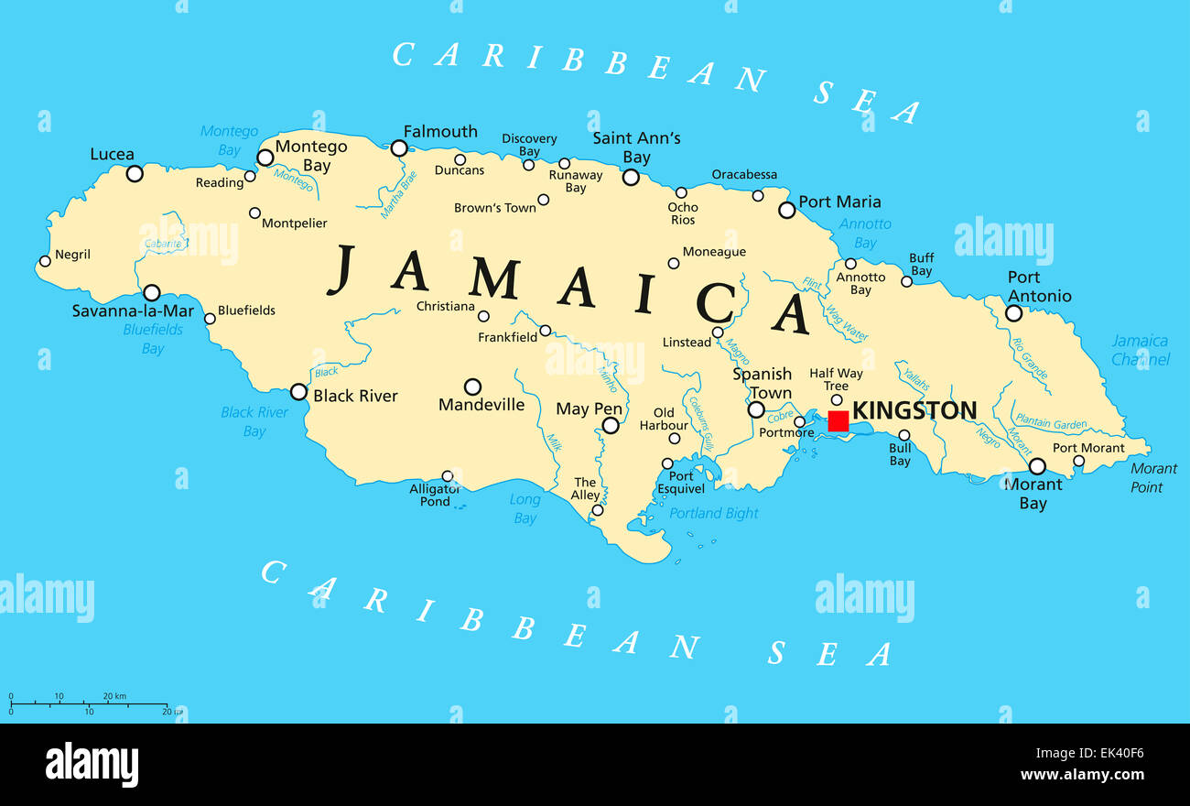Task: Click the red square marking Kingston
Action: pos(838,420)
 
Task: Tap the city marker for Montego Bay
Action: pos(265,158)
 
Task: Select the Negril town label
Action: pos(72,255)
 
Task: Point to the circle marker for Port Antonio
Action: pos(1013,313)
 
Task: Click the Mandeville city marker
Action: pos(472,387)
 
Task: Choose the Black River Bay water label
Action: pos(254,422)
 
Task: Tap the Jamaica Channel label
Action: pos(1140,350)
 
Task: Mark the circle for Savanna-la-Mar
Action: pos(152,292)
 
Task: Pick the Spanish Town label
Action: pos(762,384)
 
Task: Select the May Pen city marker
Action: pos(611,425)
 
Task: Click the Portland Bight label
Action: pos(714,513)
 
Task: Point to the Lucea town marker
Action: pos(135,173)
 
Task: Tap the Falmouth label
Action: pos(440,132)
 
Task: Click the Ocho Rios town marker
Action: pos(681,192)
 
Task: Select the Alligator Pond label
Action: pos(435,496)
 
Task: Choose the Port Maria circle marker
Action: pos(786,210)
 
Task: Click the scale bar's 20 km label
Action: pos(114,697)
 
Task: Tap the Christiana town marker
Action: pos(483,317)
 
